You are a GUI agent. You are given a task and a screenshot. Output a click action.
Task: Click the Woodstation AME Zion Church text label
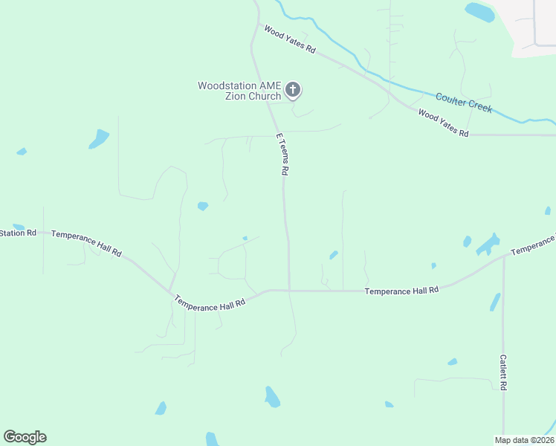(239, 91)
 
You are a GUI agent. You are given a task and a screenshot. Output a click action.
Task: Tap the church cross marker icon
(293, 91)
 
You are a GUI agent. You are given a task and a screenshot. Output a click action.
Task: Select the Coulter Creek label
(464, 103)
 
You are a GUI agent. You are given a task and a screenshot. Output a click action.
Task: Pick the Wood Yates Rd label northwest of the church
(290, 39)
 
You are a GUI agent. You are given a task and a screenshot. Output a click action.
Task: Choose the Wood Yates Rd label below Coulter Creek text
(444, 123)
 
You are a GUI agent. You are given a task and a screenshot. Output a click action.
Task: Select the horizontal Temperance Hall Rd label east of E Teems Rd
(401, 291)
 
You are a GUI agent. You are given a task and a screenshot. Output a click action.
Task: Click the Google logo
(25, 437)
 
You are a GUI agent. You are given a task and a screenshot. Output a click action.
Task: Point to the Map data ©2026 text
(524, 439)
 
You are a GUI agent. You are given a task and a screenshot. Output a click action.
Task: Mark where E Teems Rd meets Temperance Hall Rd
(288, 291)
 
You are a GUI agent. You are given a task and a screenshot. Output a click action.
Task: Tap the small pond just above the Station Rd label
(19, 226)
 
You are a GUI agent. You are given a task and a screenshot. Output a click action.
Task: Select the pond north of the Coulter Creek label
(479, 12)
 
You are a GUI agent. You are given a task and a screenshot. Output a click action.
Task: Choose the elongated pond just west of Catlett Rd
(495, 302)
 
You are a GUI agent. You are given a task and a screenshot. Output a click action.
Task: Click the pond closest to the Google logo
(161, 408)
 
